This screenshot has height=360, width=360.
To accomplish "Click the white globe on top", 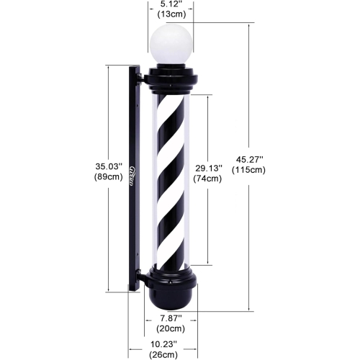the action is pos(171,44).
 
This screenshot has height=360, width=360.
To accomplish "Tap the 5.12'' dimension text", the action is pos(171,4).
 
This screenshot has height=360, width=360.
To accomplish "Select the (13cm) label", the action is pos(171,14).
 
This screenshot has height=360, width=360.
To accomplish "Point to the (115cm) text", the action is pos(248,170).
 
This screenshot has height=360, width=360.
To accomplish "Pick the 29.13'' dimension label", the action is pos(208,168).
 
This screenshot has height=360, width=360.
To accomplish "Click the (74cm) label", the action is pos(207,179).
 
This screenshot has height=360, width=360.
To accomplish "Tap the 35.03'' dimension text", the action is pos(109,166).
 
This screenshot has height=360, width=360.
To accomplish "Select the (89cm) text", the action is pos(109,177).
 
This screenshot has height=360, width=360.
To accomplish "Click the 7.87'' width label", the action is pos(171,318).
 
